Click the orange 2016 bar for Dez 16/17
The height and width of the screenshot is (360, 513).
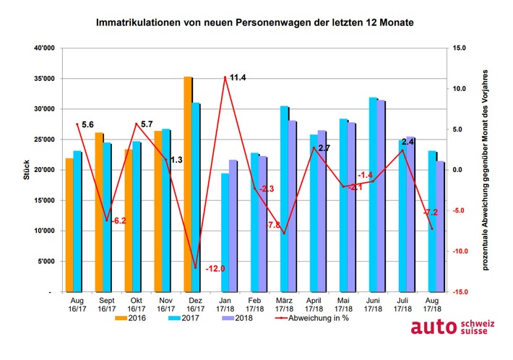pos(187,184)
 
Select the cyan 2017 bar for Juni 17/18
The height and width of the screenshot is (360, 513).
pos(372,194)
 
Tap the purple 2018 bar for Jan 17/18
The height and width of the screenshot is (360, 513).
pos(233,226)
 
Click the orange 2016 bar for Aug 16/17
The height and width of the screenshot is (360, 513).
pos(69,225)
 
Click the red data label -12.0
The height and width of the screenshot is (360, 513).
pos(215,268)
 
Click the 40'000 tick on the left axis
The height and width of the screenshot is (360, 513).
pos(40,48)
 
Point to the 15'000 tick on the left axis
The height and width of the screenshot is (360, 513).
pos(40,200)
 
